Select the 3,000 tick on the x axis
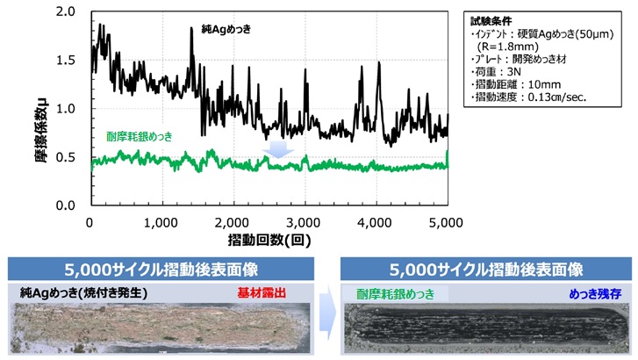[x=305, y=223]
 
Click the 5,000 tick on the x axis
[x=448, y=223]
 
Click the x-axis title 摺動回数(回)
[x=269, y=240]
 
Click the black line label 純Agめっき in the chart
[x=227, y=30]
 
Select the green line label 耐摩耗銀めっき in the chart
[x=140, y=136]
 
